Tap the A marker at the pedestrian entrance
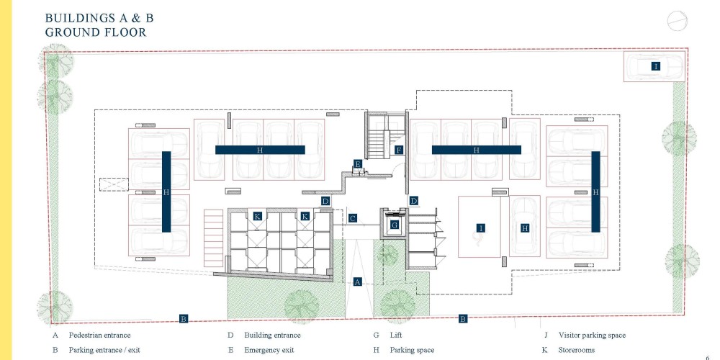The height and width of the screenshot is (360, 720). click(358, 282)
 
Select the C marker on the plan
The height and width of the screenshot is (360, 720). click(352, 218)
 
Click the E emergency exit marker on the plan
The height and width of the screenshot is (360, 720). click(358, 164)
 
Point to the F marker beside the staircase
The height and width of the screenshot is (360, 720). click(399, 150)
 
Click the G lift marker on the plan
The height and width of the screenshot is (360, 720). click(394, 225)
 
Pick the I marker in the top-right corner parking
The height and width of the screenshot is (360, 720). click(656, 66)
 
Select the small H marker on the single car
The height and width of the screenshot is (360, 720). click(525, 228)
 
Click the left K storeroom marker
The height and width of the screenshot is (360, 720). click(257, 216)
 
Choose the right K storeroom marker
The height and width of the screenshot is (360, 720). click(305, 216)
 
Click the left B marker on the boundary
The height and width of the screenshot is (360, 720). click(183, 319)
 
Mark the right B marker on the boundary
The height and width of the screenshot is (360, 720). click(463, 319)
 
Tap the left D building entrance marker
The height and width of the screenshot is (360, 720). click(325, 201)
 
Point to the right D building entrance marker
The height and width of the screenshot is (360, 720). click(414, 201)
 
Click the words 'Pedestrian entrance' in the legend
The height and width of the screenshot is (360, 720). click(99, 336)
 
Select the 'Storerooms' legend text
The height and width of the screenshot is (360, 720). click(576, 350)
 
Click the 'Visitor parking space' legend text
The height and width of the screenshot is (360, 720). click(592, 336)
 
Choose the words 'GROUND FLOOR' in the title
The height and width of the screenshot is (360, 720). click(96, 32)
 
